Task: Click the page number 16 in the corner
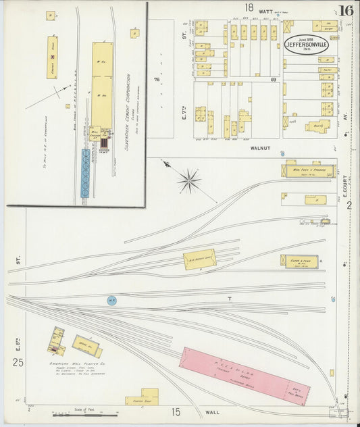point(346,10)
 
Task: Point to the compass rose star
point(189,180)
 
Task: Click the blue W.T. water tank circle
point(111,300)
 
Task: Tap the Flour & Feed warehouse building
point(298,261)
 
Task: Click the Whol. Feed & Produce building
point(309,170)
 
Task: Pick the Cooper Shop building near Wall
point(142,396)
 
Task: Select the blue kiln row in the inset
point(85,173)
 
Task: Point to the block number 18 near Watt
point(249,7)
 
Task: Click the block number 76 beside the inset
point(156,80)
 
